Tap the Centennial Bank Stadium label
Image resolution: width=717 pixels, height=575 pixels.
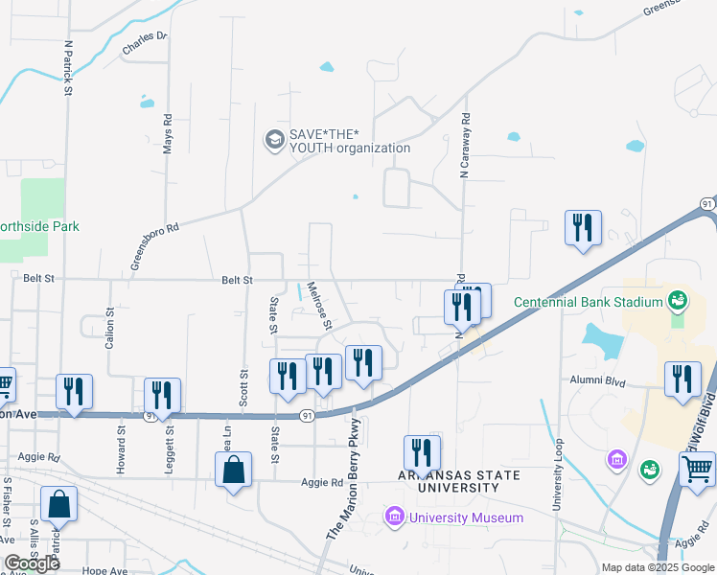click(x=589, y=302)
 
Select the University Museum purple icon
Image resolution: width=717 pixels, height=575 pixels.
click(x=394, y=517)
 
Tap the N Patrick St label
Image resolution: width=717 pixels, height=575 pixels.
click(x=68, y=68)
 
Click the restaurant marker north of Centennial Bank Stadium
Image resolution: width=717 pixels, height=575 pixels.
click(x=583, y=228)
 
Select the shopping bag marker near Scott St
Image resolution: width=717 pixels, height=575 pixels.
click(x=233, y=470)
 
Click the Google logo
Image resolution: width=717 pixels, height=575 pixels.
click(x=32, y=563)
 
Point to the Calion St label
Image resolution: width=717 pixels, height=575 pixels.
click(x=110, y=327)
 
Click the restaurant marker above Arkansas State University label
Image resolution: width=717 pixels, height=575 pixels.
click(x=422, y=453)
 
